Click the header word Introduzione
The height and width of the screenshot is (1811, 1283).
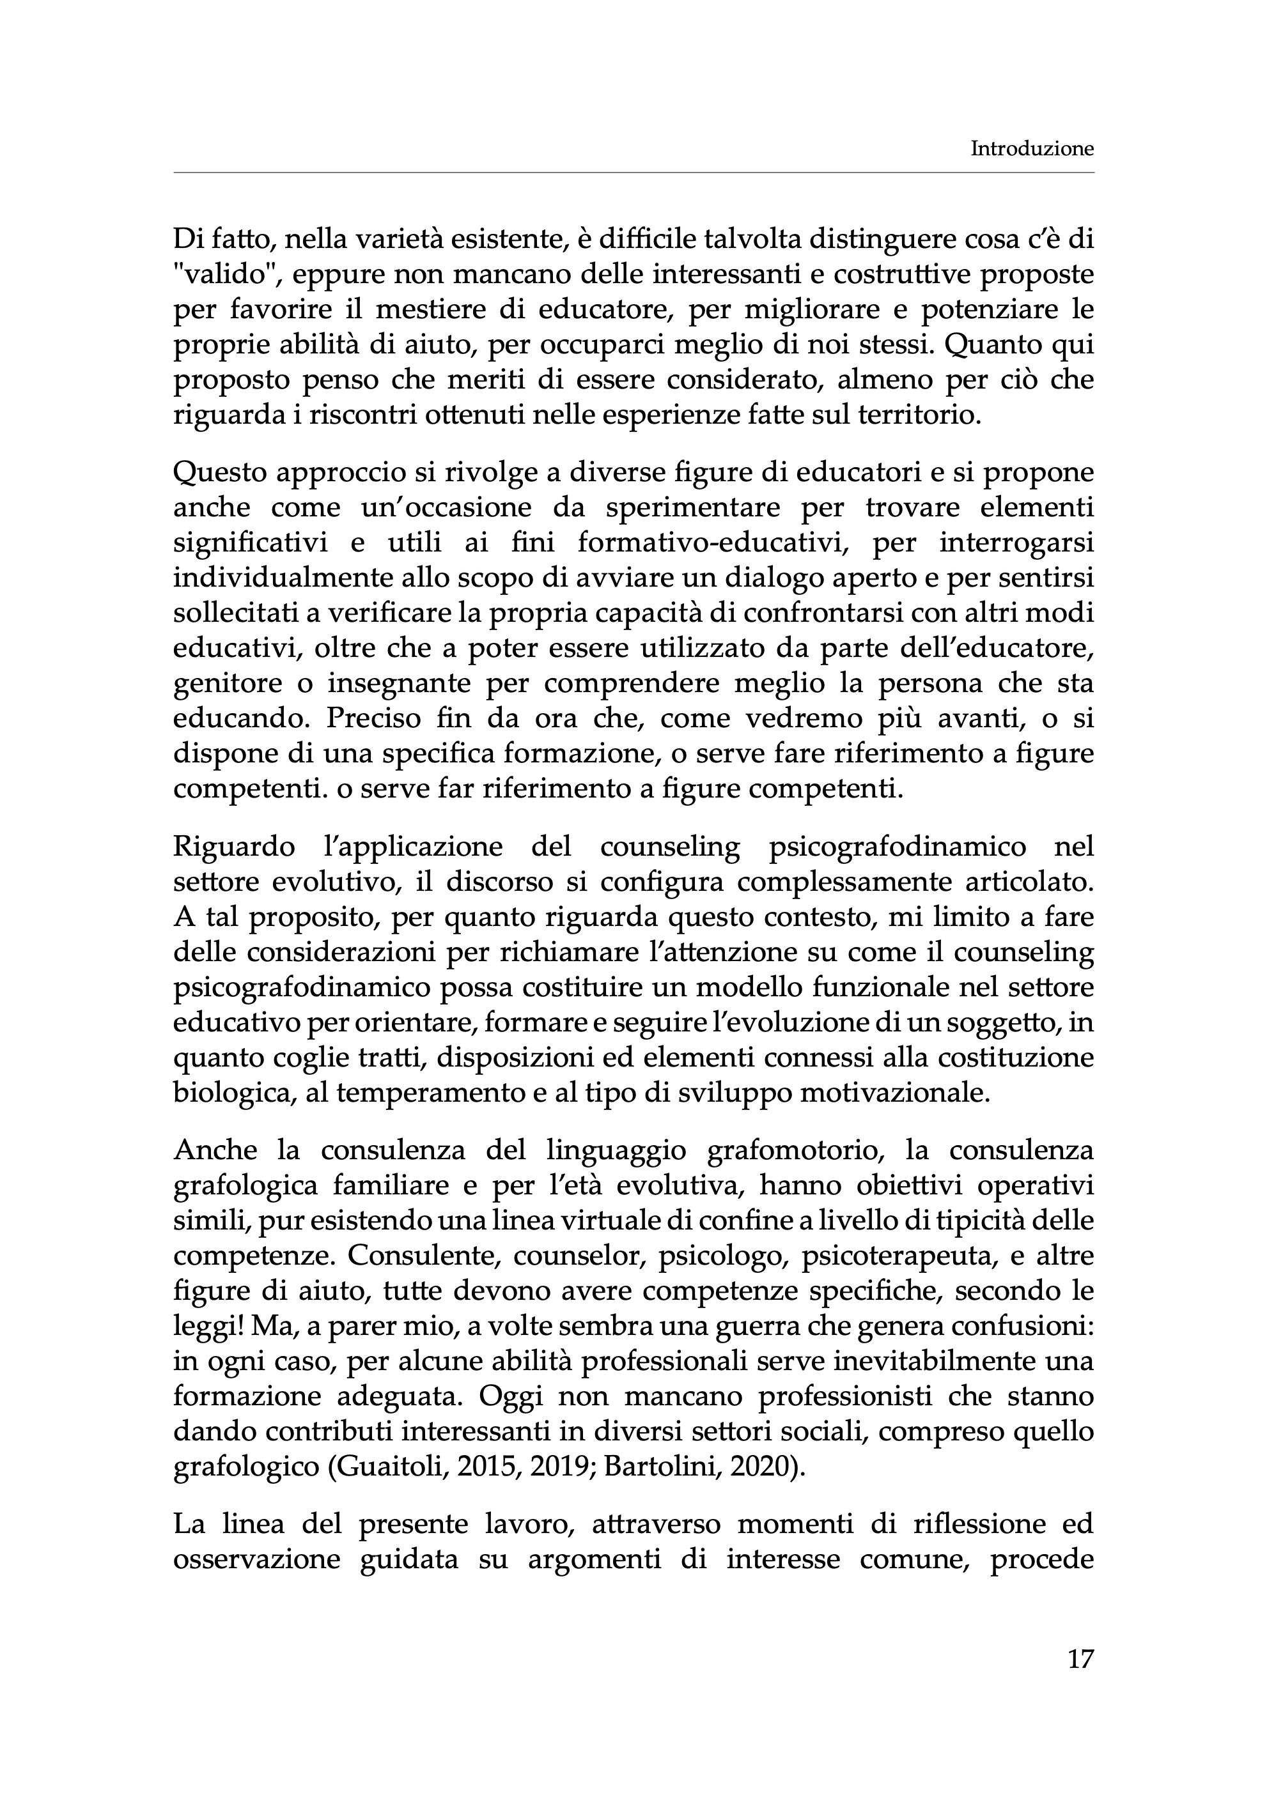(1032, 148)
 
